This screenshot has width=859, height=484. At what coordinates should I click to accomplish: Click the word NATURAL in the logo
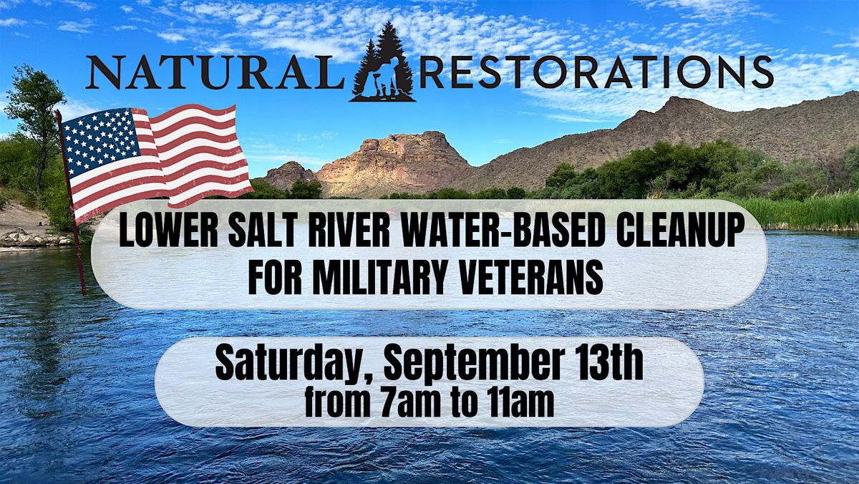[x=215, y=72]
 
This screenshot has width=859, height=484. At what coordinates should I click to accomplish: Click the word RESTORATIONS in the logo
[x=596, y=72]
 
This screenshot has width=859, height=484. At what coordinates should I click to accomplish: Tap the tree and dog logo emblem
[x=383, y=62]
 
